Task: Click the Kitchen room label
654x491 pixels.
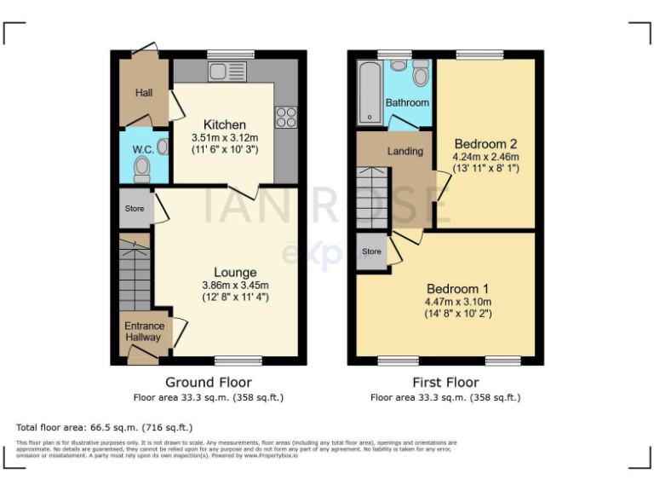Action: pos(224,124)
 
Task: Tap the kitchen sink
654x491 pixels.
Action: pos(228,71)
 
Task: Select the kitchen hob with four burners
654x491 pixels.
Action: pos(285,117)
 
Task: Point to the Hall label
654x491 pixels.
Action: pos(144,92)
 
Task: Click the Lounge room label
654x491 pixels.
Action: pos(235,273)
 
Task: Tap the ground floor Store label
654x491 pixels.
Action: pos(135,208)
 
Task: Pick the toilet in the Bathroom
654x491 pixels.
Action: pos(419,75)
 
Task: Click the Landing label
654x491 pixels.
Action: pos(405,151)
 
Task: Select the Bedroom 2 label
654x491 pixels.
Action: pos(485,143)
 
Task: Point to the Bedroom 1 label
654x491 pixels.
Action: pos(458,288)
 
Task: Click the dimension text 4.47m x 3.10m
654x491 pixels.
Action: pos(458,302)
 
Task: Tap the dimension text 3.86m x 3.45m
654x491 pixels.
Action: pos(235,286)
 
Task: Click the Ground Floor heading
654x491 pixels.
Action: pos(208,382)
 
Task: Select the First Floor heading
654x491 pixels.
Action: pos(445,382)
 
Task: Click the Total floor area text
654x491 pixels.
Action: pos(105,427)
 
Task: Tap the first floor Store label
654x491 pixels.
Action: pos(371,251)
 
